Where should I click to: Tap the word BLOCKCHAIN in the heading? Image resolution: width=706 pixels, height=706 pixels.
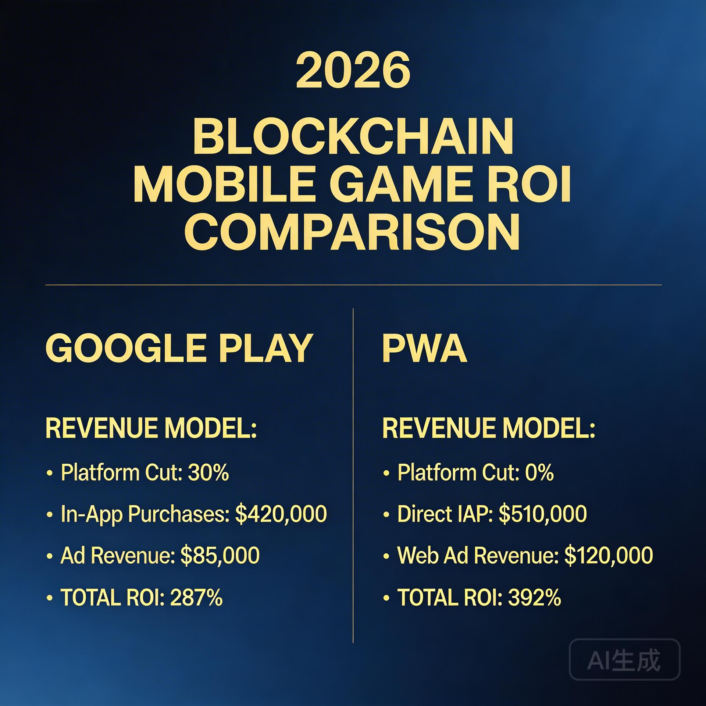[x=353, y=137]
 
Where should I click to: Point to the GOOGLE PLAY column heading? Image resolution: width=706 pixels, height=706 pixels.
[x=179, y=348]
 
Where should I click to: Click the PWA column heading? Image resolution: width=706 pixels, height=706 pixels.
[x=425, y=348]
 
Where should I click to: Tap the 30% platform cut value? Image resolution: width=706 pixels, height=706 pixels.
[x=208, y=472]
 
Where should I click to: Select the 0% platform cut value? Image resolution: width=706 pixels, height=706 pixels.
[x=539, y=472]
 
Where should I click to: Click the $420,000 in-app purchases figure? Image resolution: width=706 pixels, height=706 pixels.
[x=281, y=514]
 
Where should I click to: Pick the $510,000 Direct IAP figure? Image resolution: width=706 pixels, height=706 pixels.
[x=543, y=514]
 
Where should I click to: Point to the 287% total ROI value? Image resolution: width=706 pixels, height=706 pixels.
[x=196, y=597]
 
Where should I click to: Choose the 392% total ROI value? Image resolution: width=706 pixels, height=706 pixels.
[x=535, y=597]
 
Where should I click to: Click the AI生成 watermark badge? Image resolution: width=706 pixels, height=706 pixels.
[x=624, y=659]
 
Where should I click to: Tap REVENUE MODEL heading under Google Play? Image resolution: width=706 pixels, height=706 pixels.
[x=151, y=428]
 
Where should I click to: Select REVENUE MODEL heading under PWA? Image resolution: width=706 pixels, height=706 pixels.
[x=489, y=428]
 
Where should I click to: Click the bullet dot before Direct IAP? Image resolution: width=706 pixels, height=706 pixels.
[x=386, y=515]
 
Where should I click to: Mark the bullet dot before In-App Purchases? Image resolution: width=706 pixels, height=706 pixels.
[x=50, y=515]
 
